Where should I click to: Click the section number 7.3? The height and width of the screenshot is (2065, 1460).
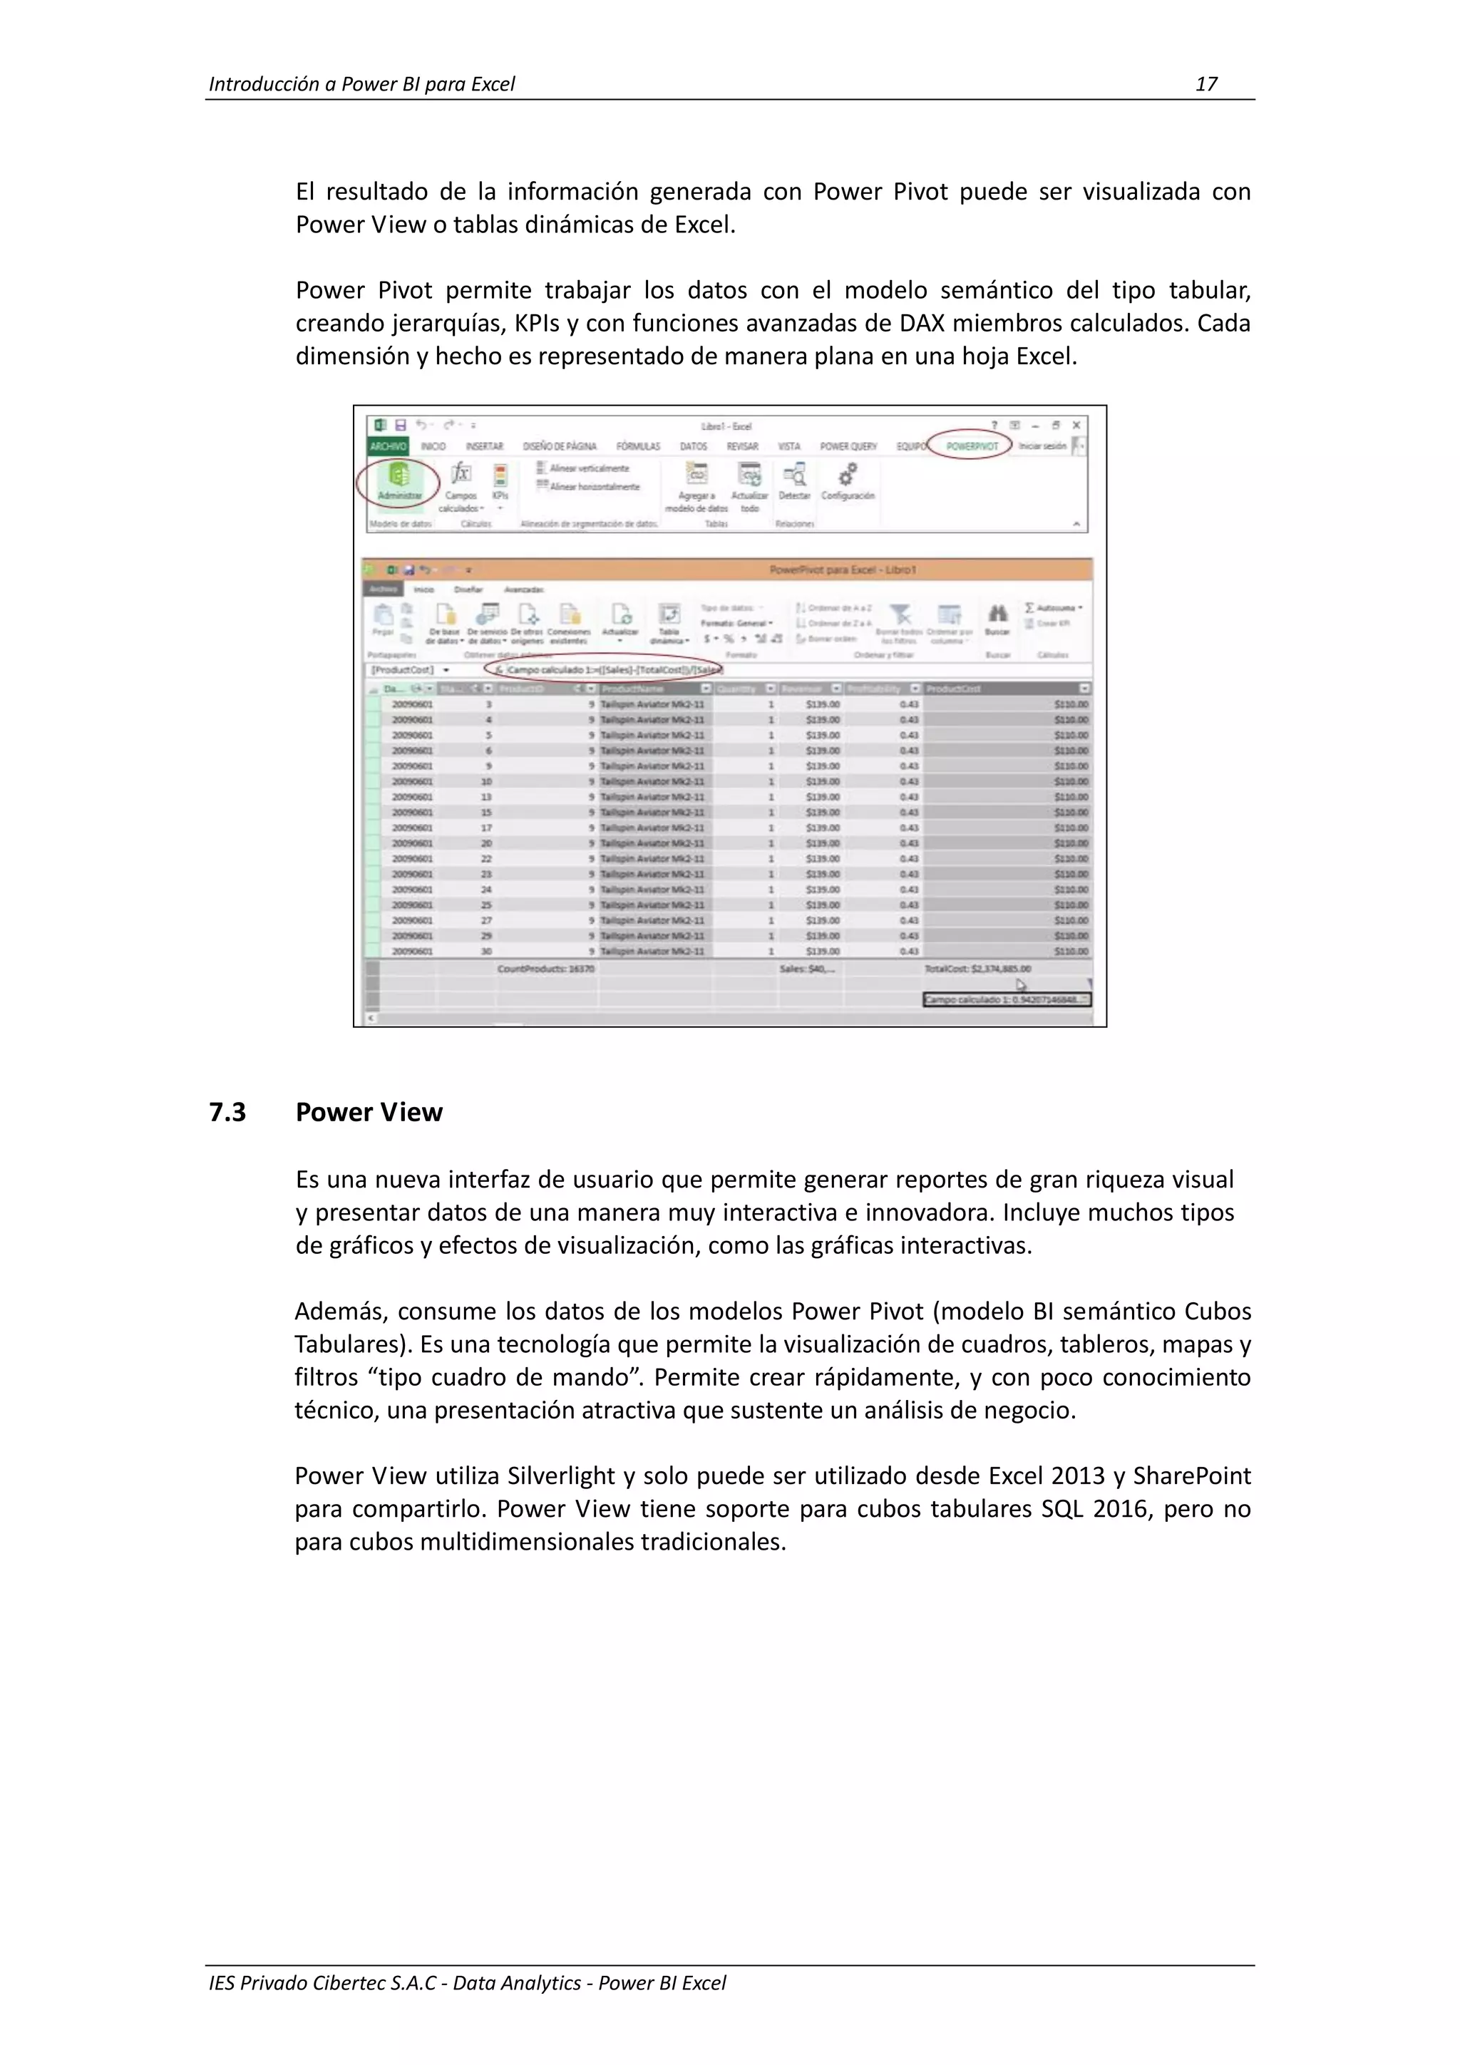tap(227, 1113)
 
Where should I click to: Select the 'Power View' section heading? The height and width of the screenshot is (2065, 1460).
tap(369, 1113)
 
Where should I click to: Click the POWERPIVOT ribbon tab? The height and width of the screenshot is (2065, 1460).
tap(972, 446)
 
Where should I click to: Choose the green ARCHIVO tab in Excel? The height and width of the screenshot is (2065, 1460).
tap(389, 446)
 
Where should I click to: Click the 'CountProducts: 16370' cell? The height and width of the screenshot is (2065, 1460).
tap(546, 969)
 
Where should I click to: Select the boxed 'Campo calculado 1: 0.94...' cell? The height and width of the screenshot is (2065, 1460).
tap(1007, 999)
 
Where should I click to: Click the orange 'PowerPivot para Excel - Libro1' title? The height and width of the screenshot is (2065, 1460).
tap(843, 570)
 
